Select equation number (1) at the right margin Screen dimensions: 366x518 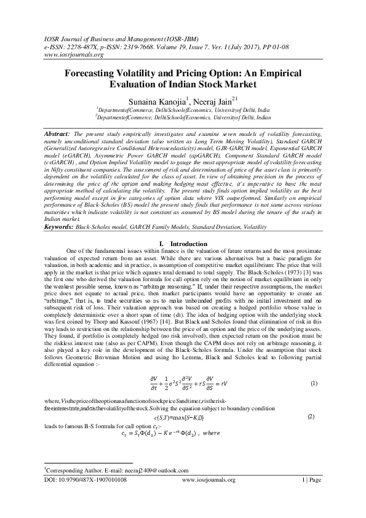pyautogui.click(x=313, y=384)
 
